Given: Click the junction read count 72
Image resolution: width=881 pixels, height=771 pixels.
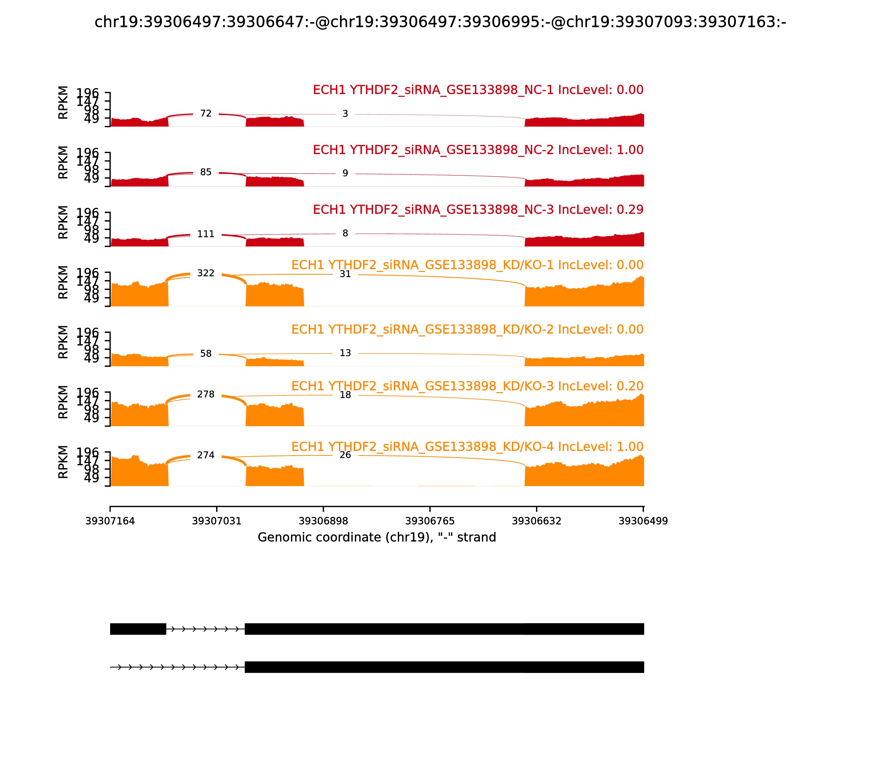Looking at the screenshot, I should point(206,113).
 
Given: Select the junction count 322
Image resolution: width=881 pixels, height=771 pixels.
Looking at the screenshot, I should point(206,273).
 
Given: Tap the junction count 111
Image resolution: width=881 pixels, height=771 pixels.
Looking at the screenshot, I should point(206,234).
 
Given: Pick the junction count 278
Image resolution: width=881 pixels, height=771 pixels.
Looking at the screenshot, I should point(206,395).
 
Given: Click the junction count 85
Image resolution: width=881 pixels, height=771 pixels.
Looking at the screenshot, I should point(206,172).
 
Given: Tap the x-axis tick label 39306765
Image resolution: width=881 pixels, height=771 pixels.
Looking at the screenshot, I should point(430,521).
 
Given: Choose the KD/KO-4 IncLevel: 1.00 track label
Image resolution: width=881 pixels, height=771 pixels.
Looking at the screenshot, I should point(467,447).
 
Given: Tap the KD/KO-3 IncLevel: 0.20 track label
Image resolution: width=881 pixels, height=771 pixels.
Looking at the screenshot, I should point(467,386).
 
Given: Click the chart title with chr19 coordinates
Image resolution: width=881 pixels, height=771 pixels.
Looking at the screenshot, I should point(440,22).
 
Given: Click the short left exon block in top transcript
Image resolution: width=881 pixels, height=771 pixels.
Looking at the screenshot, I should point(138,629).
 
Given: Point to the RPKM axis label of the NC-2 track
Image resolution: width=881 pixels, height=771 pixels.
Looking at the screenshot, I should point(63,162).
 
